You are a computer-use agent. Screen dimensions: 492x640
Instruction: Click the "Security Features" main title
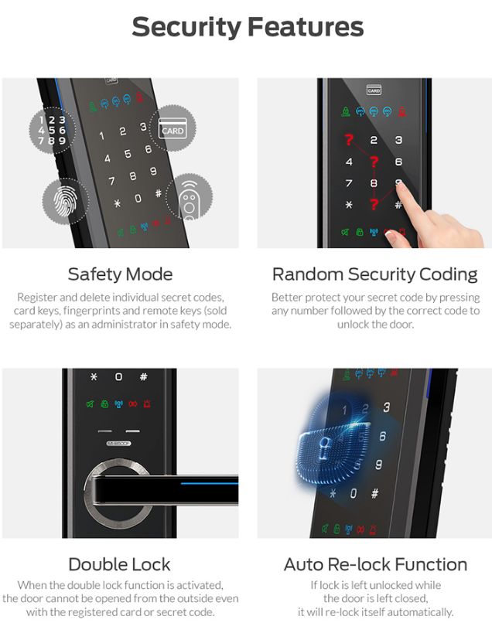pos(248,28)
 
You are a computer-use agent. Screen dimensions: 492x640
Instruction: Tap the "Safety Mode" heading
pos(120,274)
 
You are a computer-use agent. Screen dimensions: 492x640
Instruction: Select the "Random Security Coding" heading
pos(374,274)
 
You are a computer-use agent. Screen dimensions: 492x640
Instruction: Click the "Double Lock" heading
pos(119,564)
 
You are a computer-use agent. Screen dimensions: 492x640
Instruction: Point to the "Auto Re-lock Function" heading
pos(375,564)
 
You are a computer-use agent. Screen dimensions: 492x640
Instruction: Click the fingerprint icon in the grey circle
pos(66,202)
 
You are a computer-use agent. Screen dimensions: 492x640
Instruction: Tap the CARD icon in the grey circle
pos(173,128)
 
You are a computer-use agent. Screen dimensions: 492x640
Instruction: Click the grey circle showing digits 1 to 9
pos(52,130)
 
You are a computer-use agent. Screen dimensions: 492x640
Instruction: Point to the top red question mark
pos(349,140)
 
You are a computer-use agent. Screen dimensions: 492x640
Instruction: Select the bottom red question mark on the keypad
pos(374,204)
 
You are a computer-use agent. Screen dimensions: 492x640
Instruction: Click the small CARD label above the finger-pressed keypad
pos(374,90)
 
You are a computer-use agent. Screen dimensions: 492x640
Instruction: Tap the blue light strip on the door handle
pos(209,483)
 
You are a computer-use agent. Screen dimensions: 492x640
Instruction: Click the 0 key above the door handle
pos(118,376)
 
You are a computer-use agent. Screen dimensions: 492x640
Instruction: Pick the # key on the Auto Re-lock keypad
pos(374,494)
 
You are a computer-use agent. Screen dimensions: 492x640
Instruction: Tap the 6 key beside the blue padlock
pos(382,436)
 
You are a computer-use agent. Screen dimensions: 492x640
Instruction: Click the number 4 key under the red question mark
pos(349,162)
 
